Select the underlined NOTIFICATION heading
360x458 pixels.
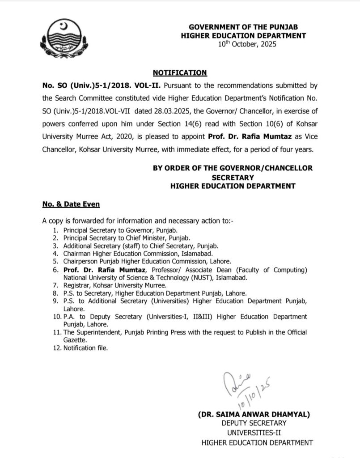coord(180,72)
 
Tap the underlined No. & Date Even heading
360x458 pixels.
coord(71,204)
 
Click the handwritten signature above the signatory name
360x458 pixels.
coord(242,385)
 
